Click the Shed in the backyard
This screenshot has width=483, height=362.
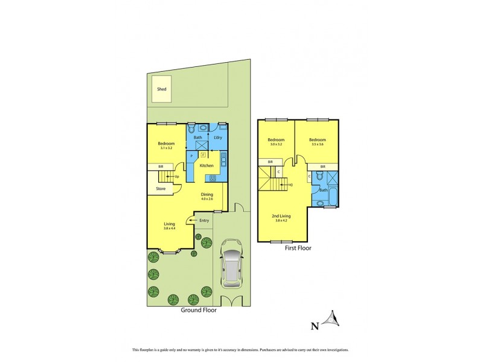161,89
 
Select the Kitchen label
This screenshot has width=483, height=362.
206,165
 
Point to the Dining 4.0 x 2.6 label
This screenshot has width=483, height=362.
206,196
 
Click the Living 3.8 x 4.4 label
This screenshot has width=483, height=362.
169,226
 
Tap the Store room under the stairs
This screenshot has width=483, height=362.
161,189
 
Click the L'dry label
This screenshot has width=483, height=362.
218,138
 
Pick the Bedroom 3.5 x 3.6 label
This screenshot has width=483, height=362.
317,142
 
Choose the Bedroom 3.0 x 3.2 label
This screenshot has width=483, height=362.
277,142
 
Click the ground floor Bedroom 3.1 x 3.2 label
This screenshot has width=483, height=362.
167,145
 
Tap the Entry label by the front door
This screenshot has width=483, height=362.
204,220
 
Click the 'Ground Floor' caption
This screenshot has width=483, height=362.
199,311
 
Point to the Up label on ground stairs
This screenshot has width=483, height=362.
177,176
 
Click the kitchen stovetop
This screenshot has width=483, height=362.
213,177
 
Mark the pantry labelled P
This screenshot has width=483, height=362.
191,156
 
